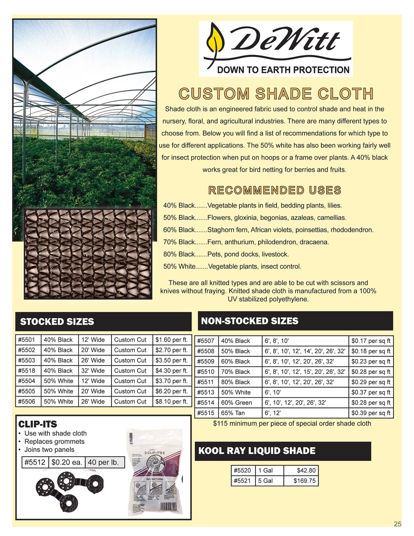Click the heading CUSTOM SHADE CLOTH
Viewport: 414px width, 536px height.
click(276, 94)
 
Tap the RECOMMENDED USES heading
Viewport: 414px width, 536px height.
click(275, 190)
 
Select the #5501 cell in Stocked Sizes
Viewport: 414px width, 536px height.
click(27, 340)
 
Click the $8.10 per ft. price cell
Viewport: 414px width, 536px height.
click(172, 401)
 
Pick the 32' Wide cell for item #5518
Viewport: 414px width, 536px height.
click(93, 371)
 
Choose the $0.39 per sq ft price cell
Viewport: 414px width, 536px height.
click(371, 413)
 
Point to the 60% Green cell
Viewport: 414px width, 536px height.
click(237, 403)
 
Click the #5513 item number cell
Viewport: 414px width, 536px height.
click(206, 392)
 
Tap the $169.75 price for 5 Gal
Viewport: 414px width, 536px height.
click(304, 481)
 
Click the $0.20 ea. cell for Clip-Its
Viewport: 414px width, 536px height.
click(67, 462)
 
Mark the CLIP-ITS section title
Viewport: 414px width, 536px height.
click(37, 424)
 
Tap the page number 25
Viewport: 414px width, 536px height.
click(397, 524)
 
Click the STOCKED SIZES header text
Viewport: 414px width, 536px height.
click(57, 322)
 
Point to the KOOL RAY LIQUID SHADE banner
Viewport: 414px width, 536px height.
click(283, 451)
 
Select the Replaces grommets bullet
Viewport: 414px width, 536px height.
click(54, 442)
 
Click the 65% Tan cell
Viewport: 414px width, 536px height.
click(233, 413)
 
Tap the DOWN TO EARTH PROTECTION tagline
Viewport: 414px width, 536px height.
click(283, 70)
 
